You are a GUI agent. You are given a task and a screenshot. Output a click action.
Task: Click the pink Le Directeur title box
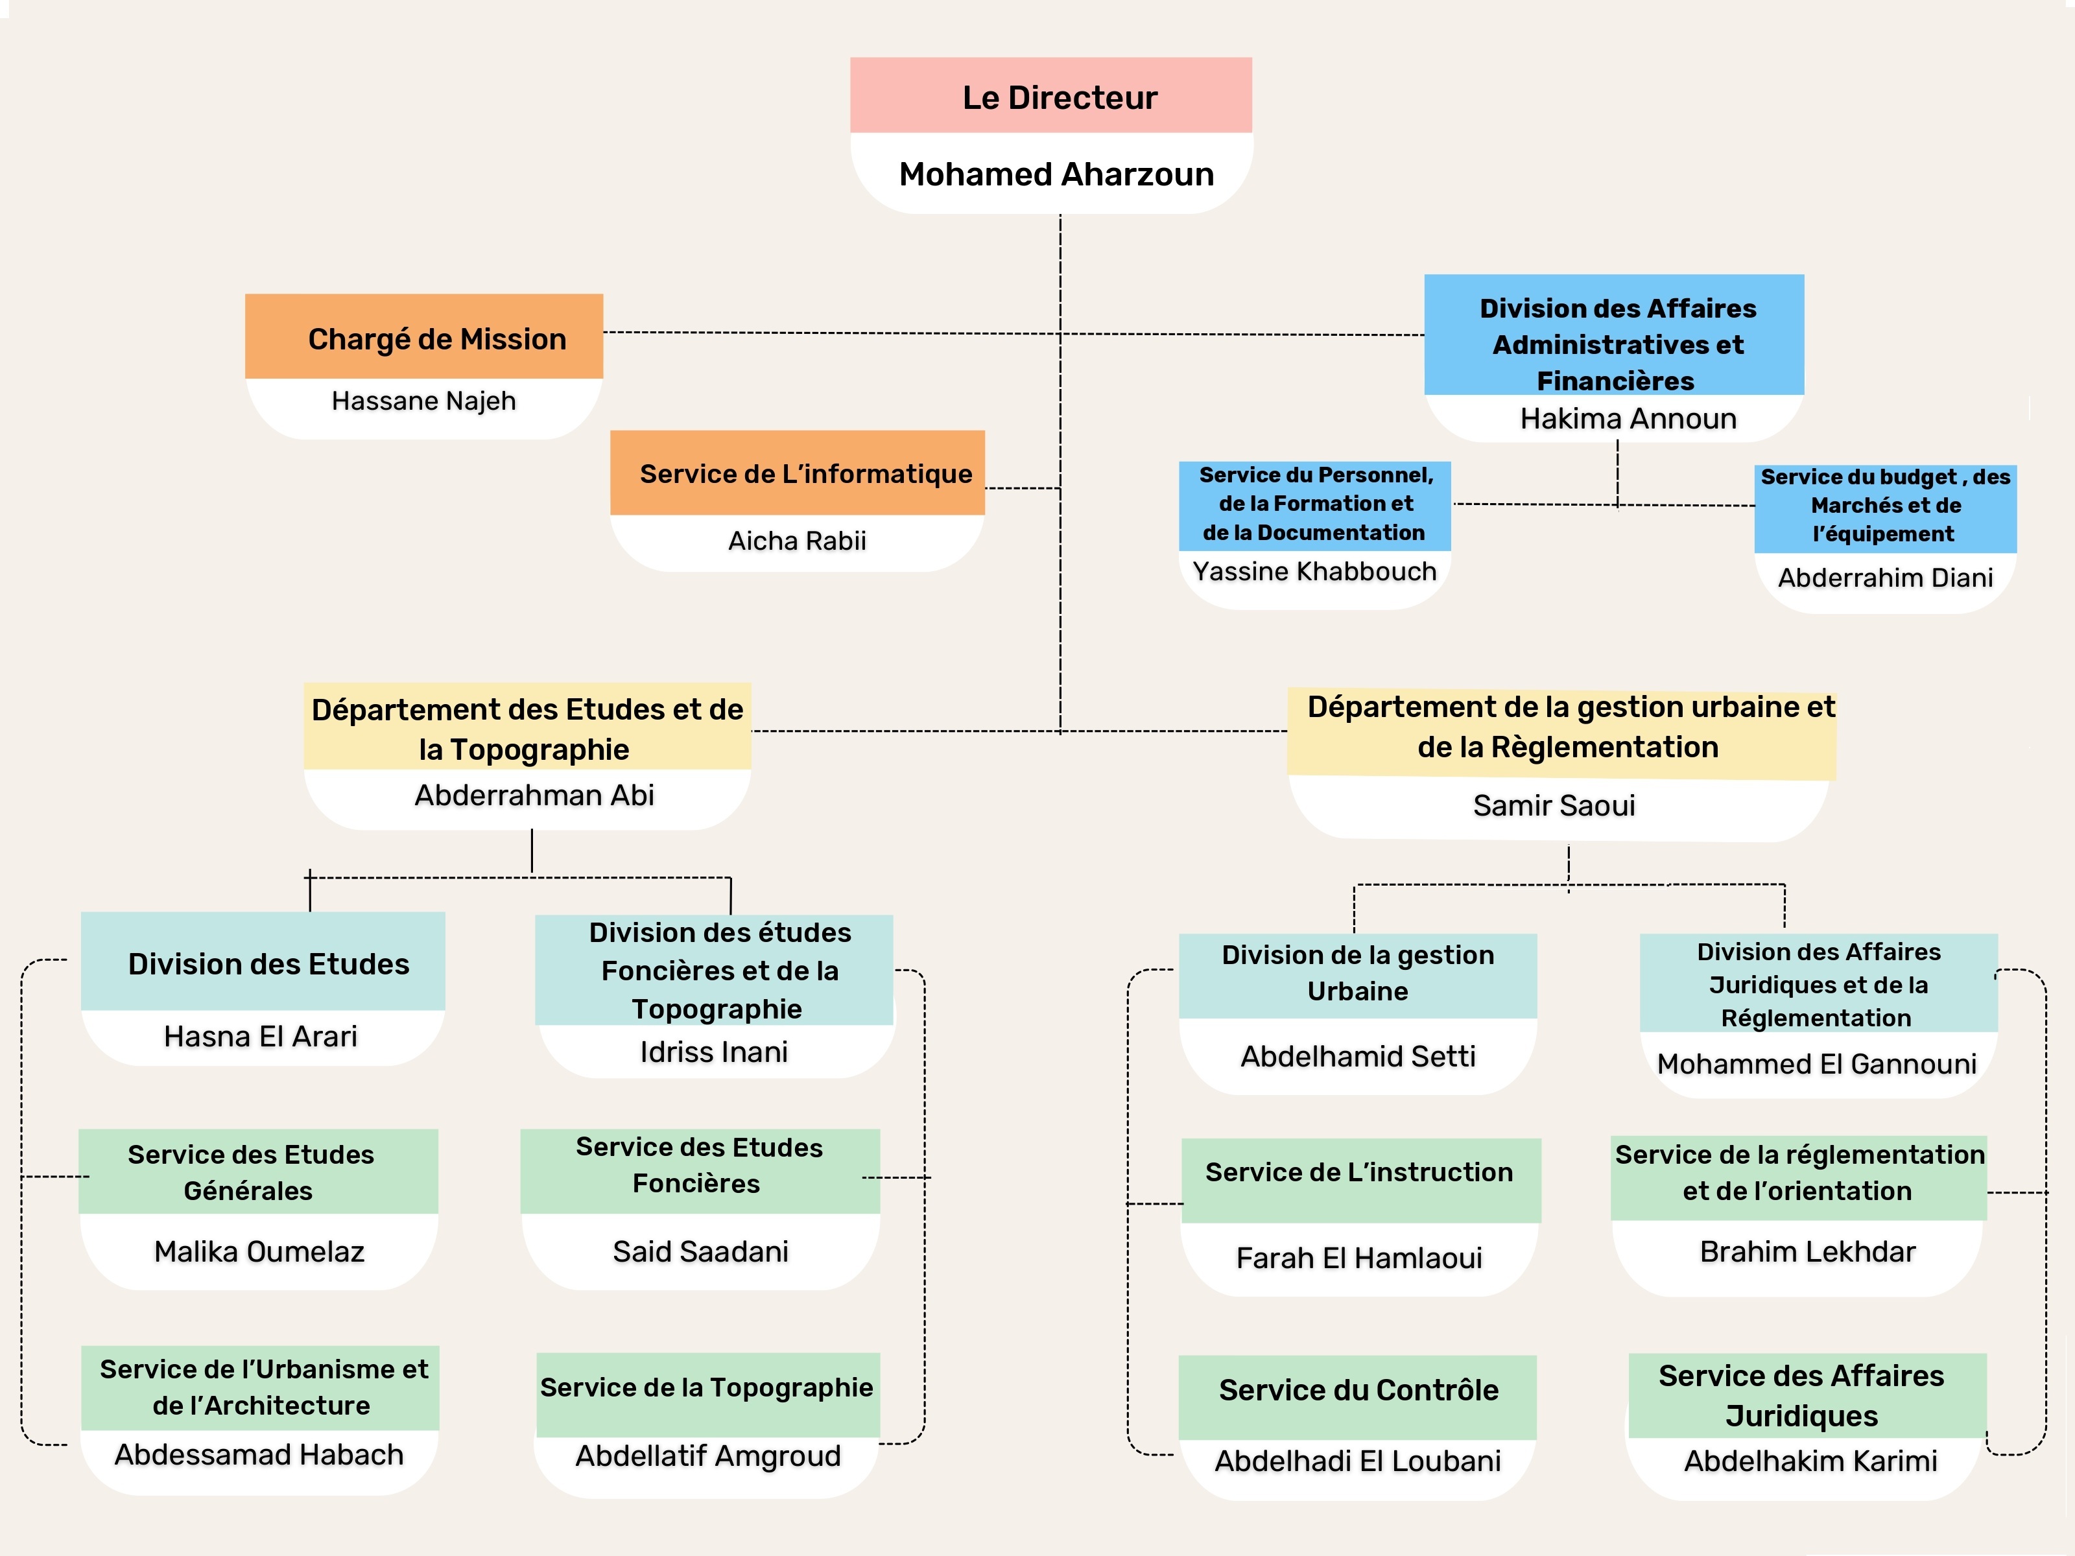(1050, 95)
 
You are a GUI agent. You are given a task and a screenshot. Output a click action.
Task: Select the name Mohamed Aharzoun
(1056, 174)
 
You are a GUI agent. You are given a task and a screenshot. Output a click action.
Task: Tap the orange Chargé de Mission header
(424, 336)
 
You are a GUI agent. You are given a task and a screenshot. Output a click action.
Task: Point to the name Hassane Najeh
(424, 401)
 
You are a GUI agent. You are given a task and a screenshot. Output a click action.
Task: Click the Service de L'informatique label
(806, 474)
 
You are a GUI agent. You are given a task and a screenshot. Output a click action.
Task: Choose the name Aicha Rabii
(798, 541)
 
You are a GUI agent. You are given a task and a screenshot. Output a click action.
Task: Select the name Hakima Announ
(1628, 418)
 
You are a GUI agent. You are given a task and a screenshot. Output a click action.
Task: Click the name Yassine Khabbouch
(1314, 571)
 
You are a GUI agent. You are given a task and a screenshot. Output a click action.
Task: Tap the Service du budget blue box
(1886, 508)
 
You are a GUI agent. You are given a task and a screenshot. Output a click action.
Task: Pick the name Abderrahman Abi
(534, 796)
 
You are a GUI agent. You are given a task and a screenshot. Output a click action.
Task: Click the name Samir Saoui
(1554, 806)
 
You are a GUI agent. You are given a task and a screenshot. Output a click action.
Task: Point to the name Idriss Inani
(714, 1052)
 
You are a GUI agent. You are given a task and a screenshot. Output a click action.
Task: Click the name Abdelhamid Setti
(1358, 1057)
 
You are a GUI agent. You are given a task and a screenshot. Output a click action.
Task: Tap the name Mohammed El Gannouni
(1817, 1065)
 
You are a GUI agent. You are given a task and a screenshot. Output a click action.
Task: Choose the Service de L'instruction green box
(1361, 1181)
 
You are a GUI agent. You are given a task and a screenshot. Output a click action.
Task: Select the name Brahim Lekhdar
(1808, 1252)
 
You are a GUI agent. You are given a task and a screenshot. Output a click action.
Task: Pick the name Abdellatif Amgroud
(708, 1457)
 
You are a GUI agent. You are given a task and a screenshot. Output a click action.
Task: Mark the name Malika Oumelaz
(259, 1252)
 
